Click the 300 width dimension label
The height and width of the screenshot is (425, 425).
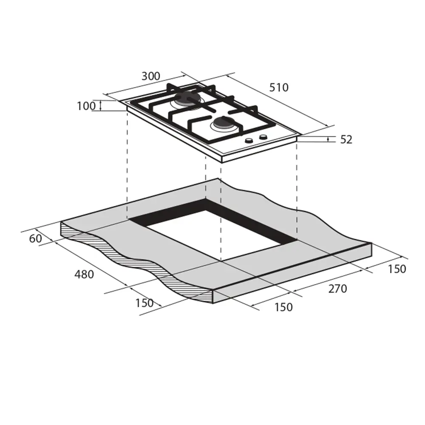150,76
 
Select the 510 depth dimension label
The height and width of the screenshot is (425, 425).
278,88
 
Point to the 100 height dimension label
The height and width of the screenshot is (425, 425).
86,106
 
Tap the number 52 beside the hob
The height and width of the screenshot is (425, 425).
346,139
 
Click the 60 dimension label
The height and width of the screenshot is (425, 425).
36,239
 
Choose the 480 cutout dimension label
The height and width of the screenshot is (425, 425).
84,275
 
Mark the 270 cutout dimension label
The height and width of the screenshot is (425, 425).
337,289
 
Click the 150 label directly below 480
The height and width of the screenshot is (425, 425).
144,303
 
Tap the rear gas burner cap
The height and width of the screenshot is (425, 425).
187,101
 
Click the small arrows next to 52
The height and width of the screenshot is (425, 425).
329,139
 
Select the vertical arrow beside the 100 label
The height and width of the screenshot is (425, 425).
100,105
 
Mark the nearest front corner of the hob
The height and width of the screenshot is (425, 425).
222,160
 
